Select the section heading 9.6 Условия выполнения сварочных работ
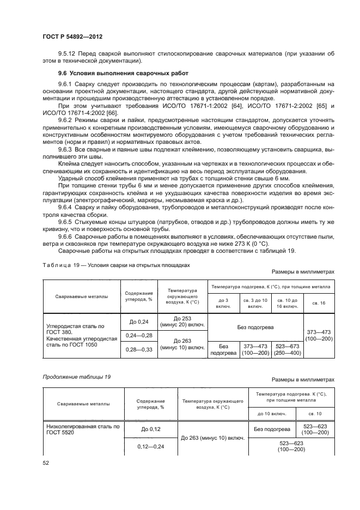[x=123, y=73]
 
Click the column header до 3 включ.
[x=224, y=303]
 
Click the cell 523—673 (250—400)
[x=287, y=349]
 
